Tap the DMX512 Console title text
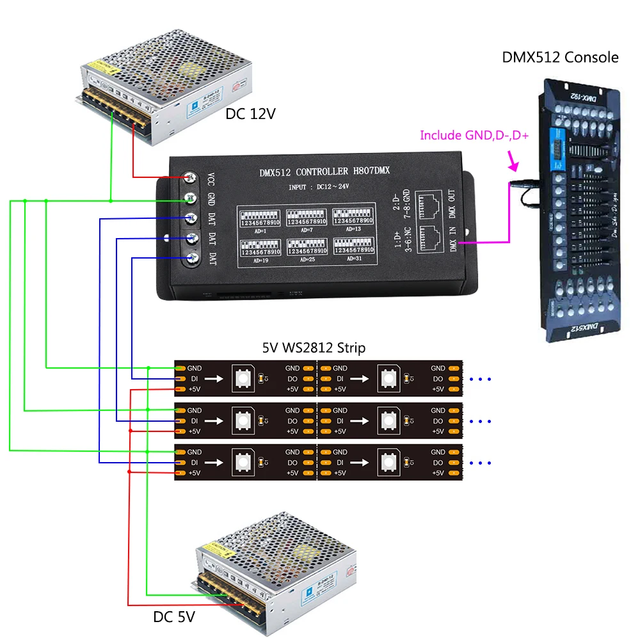point(560,58)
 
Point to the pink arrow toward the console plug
point(512,161)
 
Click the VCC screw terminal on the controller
point(190,177)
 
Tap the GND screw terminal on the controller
point(190,197)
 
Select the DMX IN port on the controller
point(431,236)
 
